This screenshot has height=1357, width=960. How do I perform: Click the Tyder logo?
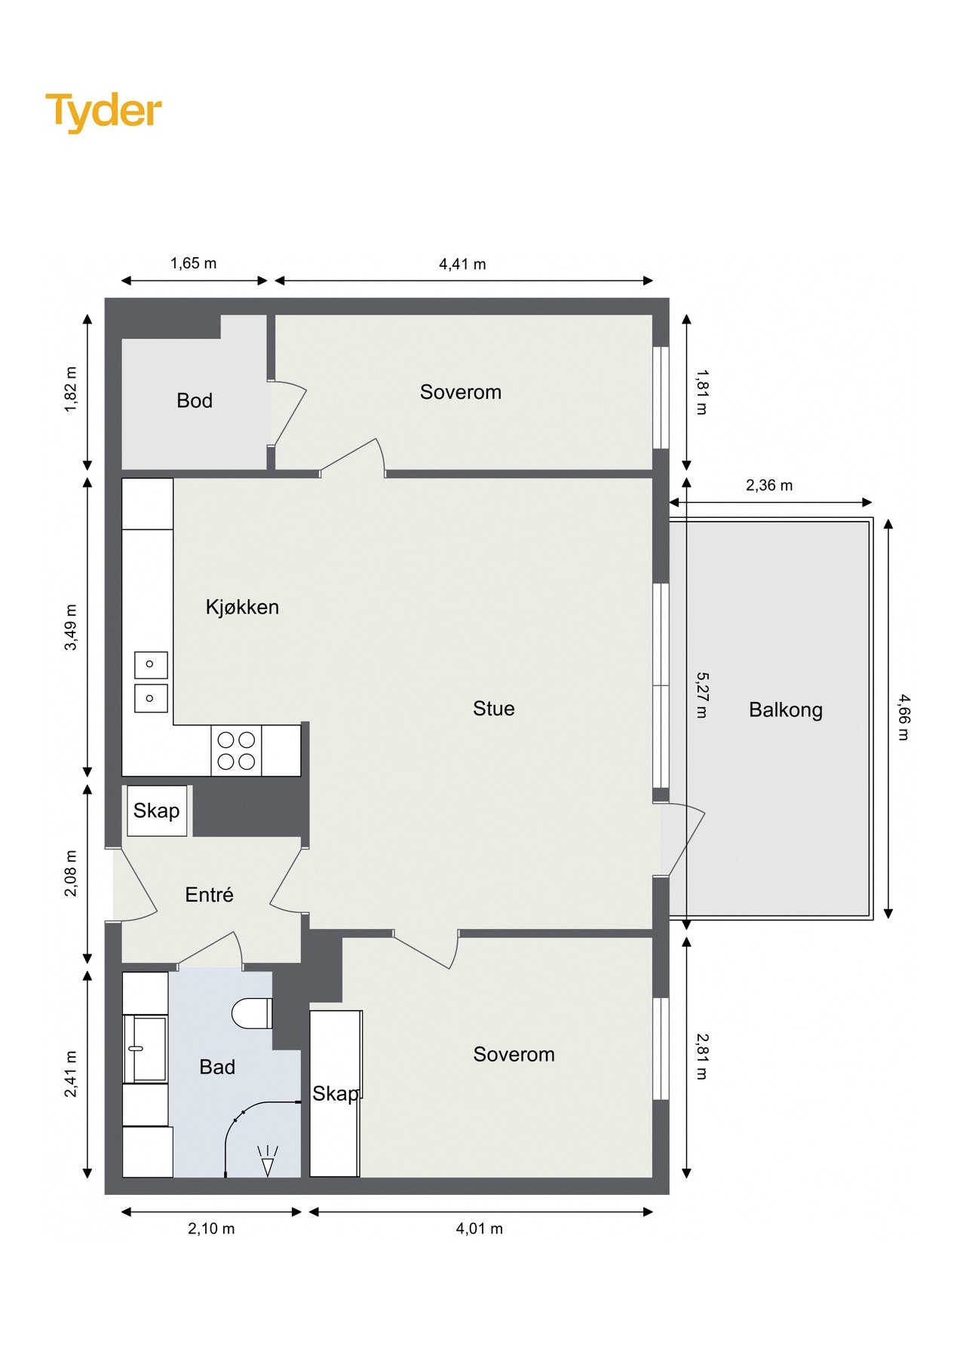104,112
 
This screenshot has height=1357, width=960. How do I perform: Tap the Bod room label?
195,400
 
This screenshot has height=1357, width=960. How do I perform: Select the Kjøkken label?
242,608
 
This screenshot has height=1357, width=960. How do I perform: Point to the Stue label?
494,709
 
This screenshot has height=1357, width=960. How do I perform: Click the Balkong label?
786,710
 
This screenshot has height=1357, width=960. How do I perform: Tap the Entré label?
209,895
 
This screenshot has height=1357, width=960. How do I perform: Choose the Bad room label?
217,1068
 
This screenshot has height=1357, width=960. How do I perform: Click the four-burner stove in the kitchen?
236,751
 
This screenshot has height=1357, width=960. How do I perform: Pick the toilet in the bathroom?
252,1013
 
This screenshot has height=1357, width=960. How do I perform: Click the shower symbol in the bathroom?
268,1162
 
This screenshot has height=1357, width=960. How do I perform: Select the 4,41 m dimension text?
462,265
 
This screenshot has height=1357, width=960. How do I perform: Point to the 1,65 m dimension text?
193,264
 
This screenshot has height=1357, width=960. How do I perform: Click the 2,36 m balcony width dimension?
769,486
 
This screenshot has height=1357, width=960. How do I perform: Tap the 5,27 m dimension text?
701,695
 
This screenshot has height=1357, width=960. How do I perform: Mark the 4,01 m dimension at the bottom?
479,1229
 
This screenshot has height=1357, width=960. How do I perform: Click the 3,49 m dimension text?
71,627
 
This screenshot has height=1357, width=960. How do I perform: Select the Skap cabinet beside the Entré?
157,810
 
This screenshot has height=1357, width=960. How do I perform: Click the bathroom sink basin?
145,1048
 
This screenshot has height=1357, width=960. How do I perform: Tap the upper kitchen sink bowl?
151,664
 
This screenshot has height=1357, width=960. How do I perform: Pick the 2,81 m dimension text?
701,1056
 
